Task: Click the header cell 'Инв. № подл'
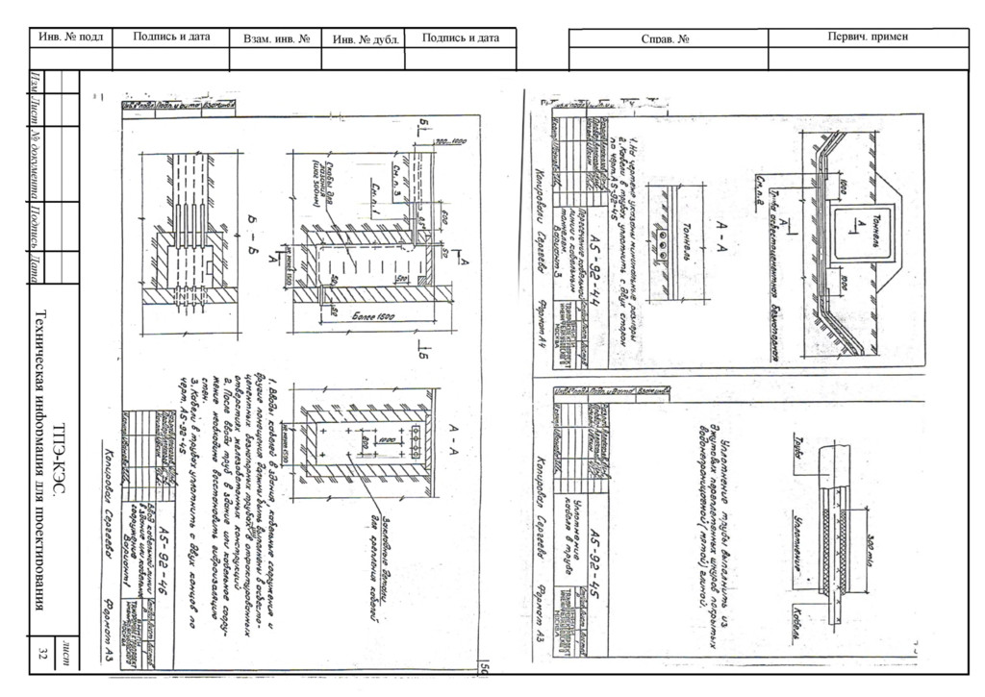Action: pyautogui.click(x=70, y=37)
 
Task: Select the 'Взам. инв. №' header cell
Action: pyautogui.click(x=275, y=39)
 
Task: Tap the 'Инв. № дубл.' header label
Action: pyautogui.click(x=366, y=39)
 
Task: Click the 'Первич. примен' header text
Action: pyautogui.click(x=868, y=37)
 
